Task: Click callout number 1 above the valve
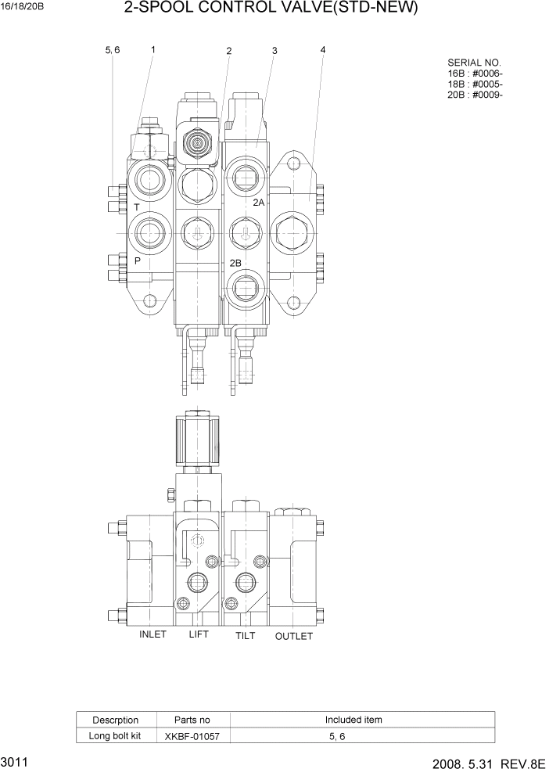(x=152, y=49)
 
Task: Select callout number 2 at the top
(x=229, y=52)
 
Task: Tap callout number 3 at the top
(x=274, y=51)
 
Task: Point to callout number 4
(x=323, y=50)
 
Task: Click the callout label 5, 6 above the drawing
(x=113, y=50)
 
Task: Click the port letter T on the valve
(x=136, y=207)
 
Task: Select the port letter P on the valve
(x=137, y=261)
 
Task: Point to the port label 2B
(x=235, y=262)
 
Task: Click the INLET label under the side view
(x=152, y=634)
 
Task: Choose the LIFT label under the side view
(x=199, y=634)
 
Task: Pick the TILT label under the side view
(x=246, y=636)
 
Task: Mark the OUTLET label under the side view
(x=294, y=636)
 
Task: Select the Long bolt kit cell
(x=115, y=735)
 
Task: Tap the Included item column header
(x=353, y=720)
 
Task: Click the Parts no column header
(x=192, y=720)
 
